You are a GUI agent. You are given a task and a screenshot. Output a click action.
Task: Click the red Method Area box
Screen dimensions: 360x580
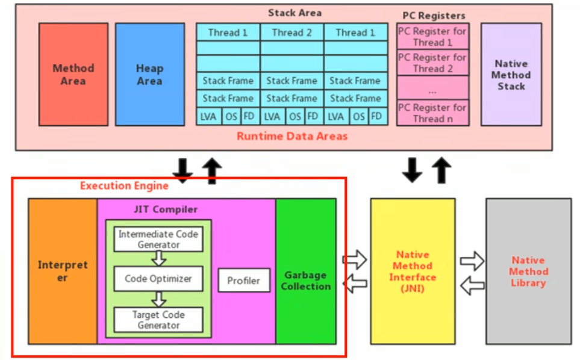tap(73, 74)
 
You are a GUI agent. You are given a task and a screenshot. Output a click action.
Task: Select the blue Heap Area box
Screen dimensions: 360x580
tap(149, 74)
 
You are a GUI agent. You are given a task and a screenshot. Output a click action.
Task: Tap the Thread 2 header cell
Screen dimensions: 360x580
tap(292, 33)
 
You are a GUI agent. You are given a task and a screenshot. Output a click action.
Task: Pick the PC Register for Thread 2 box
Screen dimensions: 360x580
tap(432, 63)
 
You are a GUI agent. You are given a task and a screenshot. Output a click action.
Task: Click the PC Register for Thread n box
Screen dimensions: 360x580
tap(432, 113)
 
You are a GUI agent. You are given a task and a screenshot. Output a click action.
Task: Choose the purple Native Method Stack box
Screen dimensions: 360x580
tap(511, 74)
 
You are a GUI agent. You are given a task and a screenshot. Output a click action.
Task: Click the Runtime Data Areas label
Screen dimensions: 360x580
tap(292, 136)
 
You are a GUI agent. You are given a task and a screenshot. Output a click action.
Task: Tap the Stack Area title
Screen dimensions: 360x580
tap(295, 12)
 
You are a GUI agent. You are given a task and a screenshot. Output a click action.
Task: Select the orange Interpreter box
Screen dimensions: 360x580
tap(63, 271)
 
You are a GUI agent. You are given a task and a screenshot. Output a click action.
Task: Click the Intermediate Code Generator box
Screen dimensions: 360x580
tap(158, 239)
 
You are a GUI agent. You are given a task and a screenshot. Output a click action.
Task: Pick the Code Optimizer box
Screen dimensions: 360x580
tap(158, 279)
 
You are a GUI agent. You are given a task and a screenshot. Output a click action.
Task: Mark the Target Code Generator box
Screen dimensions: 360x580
tap(158, 320)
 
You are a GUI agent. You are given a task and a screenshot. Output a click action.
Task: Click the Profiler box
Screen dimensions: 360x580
tap(243, 281)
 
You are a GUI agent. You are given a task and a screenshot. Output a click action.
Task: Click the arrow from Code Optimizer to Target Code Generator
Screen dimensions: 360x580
tap(158, 299)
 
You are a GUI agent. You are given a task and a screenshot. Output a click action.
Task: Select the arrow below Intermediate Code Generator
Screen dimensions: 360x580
tap(158, 259)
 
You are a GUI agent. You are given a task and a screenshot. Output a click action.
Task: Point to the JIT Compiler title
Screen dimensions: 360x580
tap(165, 209)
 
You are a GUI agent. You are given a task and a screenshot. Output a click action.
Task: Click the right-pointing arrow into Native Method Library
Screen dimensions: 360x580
tap(472, 261)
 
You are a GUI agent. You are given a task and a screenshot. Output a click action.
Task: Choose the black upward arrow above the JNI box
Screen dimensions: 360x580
tap(442, 170)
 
